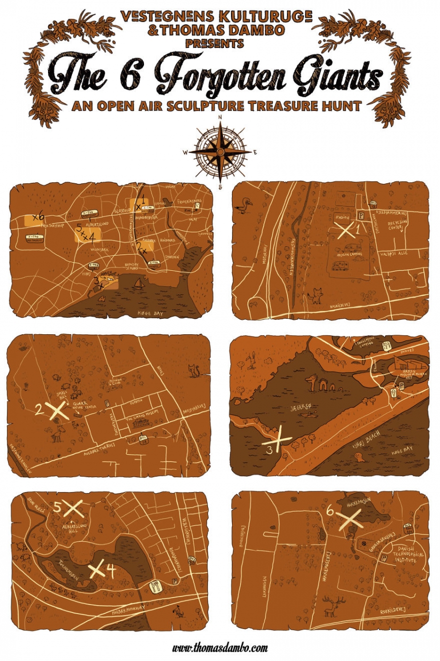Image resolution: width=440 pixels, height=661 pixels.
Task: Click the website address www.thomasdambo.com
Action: point(220,648)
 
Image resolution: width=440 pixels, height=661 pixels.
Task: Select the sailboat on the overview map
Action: point(138,284)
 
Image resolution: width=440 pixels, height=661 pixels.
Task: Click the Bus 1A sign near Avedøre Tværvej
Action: point(143,439)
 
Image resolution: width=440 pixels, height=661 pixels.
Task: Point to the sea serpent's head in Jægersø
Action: point(311,380)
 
